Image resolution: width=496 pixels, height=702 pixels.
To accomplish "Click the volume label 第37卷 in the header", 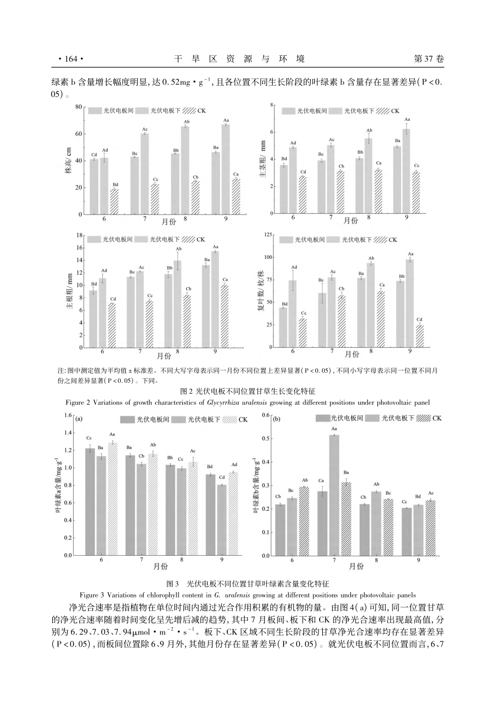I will pyautogui.click(x=429, y=60).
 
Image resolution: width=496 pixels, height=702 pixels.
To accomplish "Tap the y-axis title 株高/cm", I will pyautogui.click(x=68, y=161).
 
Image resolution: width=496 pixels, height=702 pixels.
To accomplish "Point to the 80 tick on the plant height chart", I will pyautogui.click(x=79, y=107).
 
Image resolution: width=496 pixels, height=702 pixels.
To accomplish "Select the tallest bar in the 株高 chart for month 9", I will pyautogui.click(x=226, y=169).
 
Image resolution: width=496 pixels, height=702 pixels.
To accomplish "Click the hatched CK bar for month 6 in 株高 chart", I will pyautogui.click(x=114, y=201).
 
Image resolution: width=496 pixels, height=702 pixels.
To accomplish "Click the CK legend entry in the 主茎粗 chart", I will pyautogui.click(x=388, y=111).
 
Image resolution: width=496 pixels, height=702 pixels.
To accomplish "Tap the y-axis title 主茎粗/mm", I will pyautogui.click(x=263, y=160).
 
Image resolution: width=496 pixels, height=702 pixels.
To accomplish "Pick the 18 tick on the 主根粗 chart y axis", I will pyautogui.click(x=79, y=235).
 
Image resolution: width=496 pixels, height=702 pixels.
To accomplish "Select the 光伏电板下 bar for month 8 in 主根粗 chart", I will pyautogui.click(x=178, y=303).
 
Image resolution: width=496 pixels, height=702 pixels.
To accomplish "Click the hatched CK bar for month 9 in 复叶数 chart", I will pyautogui.click(x=419, y=336).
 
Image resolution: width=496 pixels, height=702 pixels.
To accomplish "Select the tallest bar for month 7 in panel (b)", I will pyautogui.click(x=334, y=495).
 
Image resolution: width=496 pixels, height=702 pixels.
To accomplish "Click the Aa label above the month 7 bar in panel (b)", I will pyautogui.click(x=334, y=429).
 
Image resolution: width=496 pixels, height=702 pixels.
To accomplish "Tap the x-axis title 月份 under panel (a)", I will pyautogui.click(x=160, y=566).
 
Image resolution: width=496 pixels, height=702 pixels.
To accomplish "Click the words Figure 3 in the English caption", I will pyautogui.click(x=93, y=594).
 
